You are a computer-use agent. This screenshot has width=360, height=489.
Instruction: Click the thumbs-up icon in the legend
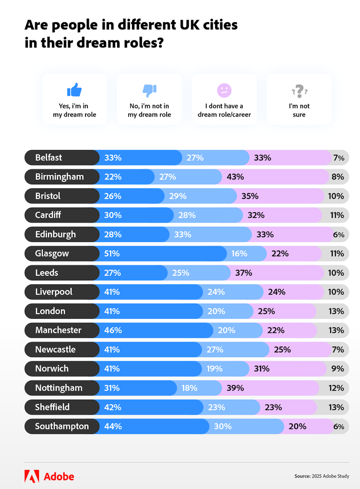tap(74, 90)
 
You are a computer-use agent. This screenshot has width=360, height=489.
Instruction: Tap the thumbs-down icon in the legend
tap(149, 90)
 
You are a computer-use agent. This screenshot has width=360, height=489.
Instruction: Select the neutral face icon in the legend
tap(224, 90)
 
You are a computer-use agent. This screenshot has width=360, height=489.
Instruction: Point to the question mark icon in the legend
tap(299, 90)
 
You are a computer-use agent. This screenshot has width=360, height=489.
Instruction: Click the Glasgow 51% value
tap(112, 253)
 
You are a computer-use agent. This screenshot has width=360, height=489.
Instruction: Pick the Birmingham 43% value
tap(235, 177)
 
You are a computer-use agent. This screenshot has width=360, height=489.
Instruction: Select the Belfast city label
tap(48, 158)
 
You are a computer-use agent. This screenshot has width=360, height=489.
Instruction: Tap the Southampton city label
tap(62, 426)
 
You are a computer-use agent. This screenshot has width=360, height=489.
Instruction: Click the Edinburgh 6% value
tap(338, 234)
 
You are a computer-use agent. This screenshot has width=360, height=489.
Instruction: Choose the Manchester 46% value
tap(113, 330)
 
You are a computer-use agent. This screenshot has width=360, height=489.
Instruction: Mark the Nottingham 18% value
tap(190, 388)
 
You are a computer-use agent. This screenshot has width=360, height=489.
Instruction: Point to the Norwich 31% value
tap(261, 368)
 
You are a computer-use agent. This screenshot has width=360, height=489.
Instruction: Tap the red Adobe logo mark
tap(32, 476)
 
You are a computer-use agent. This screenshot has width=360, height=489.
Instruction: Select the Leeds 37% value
tap(243, 273)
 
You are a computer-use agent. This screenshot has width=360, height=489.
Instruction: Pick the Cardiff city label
tap(48, 215)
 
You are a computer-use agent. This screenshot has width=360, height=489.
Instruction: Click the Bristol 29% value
tap(178, 196)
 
